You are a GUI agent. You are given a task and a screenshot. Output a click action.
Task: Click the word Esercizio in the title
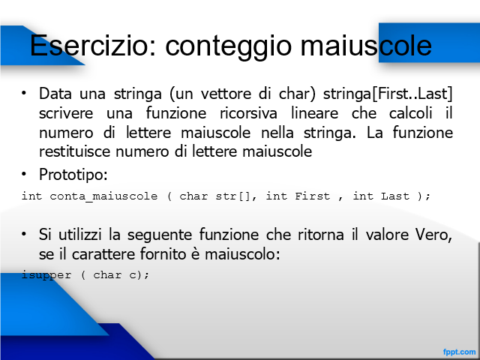93,45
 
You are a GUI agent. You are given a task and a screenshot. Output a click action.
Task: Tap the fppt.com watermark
459,352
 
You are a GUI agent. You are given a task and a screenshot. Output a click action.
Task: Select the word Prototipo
73,175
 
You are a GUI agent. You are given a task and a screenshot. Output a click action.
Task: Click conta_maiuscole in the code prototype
103,196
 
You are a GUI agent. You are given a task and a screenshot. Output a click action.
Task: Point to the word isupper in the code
46,275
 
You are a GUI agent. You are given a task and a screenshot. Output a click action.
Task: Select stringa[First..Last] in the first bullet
388,94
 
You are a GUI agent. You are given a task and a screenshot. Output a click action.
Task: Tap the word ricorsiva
248,113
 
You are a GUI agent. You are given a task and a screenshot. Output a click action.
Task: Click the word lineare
314,113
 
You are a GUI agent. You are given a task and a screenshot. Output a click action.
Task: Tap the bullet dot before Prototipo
24,174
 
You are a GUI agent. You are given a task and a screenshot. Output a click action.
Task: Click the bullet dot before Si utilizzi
24,234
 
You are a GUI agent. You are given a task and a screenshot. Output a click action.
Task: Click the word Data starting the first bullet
55,94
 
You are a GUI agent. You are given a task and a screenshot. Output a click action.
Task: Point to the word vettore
226,94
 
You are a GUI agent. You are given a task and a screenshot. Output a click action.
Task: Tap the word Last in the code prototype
395,196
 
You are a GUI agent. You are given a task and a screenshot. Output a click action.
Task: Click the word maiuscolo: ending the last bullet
242,254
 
